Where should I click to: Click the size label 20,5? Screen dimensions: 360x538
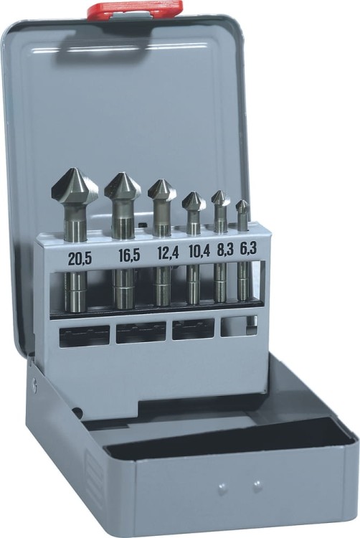(x=80, y=259)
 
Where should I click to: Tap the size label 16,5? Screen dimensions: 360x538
(x=129, y=255)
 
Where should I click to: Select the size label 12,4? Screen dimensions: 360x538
(x=168, y=253)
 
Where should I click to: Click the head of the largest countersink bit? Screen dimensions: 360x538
(x=75, y=187)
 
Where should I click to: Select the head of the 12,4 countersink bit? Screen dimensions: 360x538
(x=162, y=190)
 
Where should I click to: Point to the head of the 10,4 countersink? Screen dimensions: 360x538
(x=194, y=201)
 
